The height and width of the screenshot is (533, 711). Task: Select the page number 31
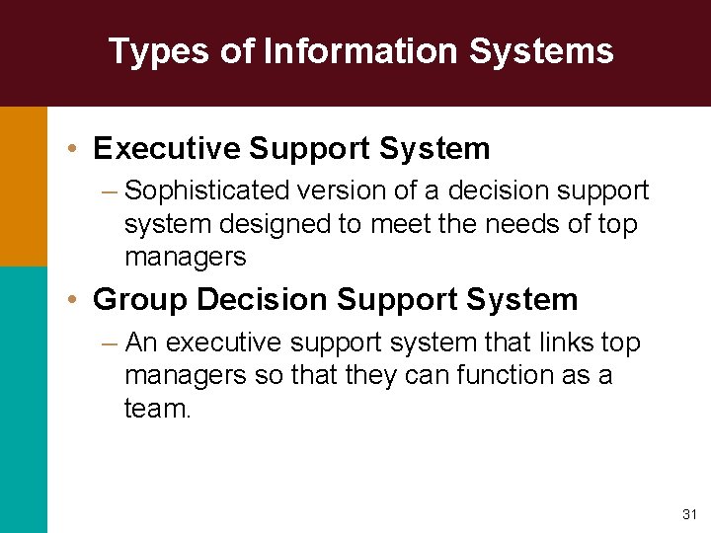tap(689, 514)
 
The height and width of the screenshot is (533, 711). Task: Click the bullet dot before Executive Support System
tap(75, 149)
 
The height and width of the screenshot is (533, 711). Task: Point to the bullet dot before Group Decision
tap(75, 299)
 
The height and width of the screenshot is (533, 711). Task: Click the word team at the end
tap(155, 408)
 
